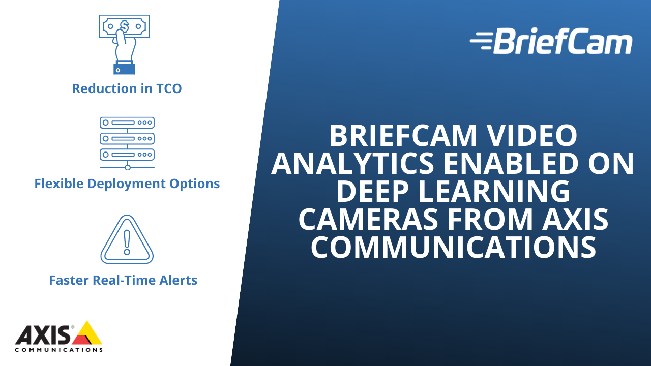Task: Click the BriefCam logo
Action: click(551, 41)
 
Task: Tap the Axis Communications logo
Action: click(58, 337)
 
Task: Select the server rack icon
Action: click(127, 143)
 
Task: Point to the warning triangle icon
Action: click(127, 239)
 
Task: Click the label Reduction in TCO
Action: click(127, 88)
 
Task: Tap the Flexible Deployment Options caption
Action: click(127, 184)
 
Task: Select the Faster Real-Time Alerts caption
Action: click(123, 280)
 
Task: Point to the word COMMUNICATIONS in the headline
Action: click(453, 247)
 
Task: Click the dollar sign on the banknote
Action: click(124, 25)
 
